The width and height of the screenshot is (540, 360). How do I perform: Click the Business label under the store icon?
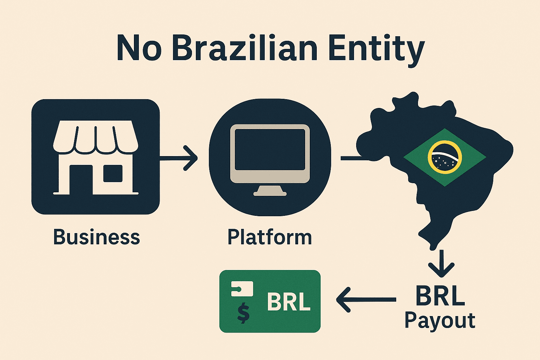point(96,237)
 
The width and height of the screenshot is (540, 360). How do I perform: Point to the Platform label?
point(270,237)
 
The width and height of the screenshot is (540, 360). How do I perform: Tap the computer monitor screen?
point(270,149)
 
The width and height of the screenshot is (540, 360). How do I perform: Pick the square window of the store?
point(112,173)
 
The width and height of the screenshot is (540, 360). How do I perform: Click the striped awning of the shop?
point(95,137)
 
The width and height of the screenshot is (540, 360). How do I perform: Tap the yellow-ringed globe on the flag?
point(444,157)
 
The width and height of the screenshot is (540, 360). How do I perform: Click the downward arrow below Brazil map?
point(441,264)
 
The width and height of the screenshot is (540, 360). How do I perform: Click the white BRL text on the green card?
point(289,301)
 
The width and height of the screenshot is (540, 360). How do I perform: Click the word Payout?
point(439,321)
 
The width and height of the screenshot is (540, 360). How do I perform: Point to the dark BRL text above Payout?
point(440,296)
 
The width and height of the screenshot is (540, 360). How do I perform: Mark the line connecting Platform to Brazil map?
point(355,159)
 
